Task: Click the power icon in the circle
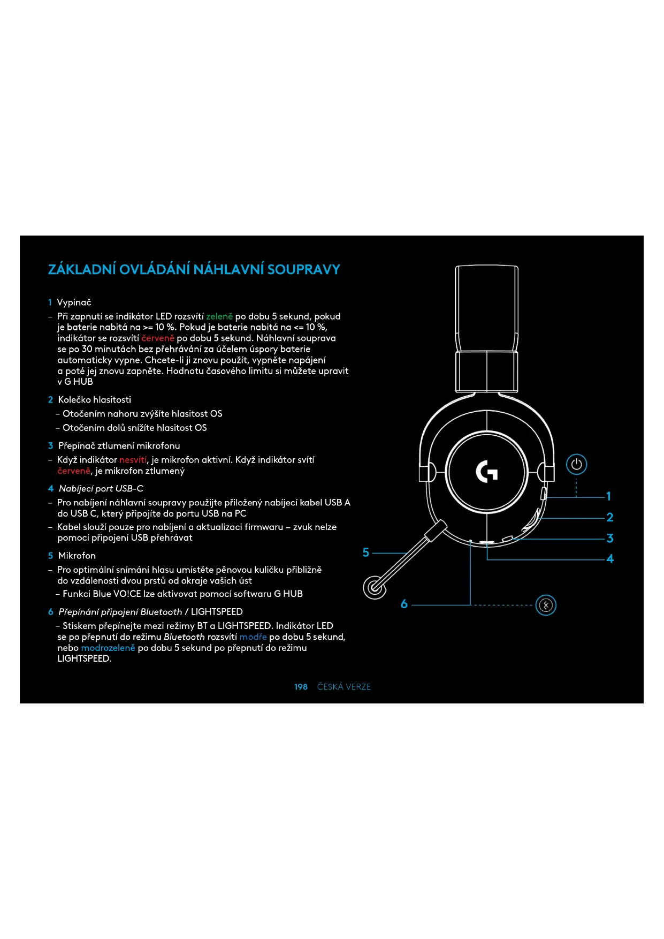(576, 464)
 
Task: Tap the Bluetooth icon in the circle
(546, 605)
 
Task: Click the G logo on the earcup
(486, 472)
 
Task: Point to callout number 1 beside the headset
(608, 496)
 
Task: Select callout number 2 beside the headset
(609, 517)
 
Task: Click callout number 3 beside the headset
(609, 538)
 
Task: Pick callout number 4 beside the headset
(610, 559)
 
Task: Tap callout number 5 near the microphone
(366, 552)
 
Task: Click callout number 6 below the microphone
(404, 604)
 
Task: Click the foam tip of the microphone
(375, 587)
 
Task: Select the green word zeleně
(219, 316)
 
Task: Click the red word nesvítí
(133, 460)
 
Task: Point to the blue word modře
(253, 637)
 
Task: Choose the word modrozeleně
(108, 648)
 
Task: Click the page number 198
(301, 687)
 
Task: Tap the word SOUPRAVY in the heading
(303, 269)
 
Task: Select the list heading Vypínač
(74, 302)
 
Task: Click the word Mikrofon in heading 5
(77, 556)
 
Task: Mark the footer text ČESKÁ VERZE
(344, 687)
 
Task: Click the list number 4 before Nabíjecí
(51, 489)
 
